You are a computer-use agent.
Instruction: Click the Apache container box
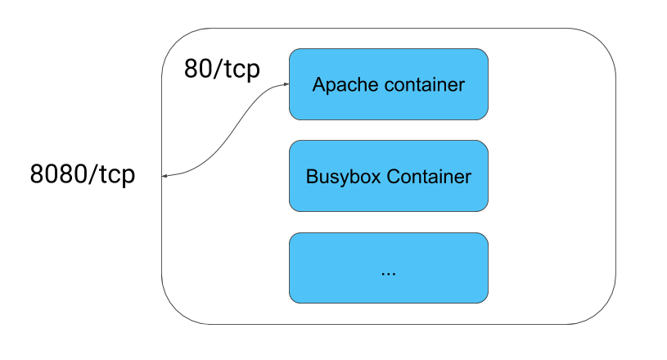click(x=389, y=84)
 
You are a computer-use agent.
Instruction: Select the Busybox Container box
click(x=389, y=176)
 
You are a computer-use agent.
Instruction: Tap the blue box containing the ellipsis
click(x=389, y=268)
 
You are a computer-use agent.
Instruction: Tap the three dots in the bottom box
click(x=389, y=274)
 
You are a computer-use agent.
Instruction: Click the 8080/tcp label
click(x=83, y=174)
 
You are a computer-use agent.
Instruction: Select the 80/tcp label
click(x=222, y=70)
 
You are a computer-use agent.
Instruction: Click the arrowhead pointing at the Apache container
click(x=286, y=84)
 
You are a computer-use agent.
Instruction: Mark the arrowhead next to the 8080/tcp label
click(x=165, y=176)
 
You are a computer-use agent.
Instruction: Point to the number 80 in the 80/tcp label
click(x=198, y=69)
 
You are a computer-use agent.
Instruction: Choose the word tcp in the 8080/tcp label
click(x=116, y=175)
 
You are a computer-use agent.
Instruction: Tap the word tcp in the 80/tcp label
click(x=241, y=70)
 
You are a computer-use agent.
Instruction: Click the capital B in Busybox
click(x=313, y=177)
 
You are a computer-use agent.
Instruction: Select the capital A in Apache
click(x=319, y=84)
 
